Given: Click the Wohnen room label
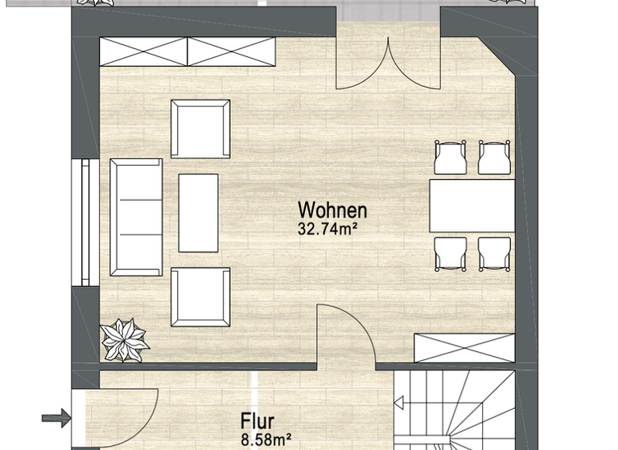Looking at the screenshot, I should tap(332, 211).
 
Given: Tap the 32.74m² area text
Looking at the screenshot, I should tap(328, 228).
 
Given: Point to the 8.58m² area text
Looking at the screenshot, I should tap(265, 440).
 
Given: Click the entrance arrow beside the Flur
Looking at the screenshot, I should tap(56, 417).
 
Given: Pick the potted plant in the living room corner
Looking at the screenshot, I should tap(125, 340).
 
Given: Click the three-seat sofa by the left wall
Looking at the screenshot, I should tap(136, 217).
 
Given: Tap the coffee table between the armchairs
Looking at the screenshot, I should tap(198, 213).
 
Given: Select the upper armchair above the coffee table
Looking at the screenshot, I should tap(200, 129).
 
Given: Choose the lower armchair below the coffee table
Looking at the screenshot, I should tap(200, 297).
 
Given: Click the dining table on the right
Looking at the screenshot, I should tap(472, 206).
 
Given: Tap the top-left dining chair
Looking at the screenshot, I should tap(450, 157).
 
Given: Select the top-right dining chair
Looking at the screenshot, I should tap(494, 157).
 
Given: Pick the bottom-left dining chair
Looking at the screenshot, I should tap(450, 254).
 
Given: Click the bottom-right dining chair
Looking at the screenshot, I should tap(494, 254).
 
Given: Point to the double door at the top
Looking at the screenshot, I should tap(388, 64).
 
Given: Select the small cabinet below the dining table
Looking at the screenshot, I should tap(464, 346).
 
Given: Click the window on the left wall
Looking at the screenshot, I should tap(84, 223).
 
